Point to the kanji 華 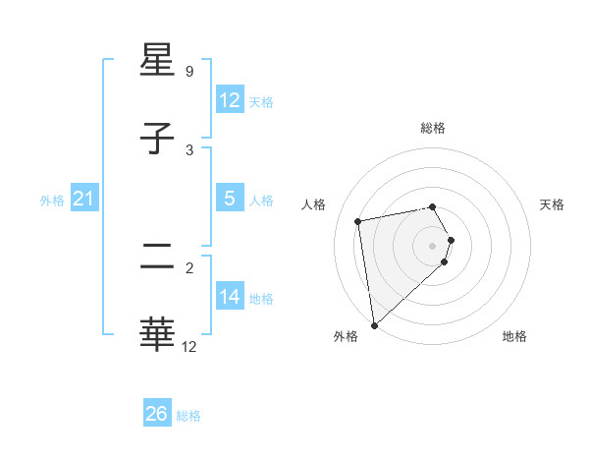click(x=158, y=334)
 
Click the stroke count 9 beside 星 click(x=189, y=71)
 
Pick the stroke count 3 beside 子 click(x=189, y=149)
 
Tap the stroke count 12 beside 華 click(x=189, y=346)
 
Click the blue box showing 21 click(x=83, y=200)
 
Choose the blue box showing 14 click(x=229, y=297)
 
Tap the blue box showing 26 click(x=156, y=414)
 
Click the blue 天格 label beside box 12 click(x=261, y=102)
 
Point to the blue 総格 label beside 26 click(x=189, y=416)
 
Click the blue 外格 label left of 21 click(x=52, y=201)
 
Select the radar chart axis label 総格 click(x=433, y=128)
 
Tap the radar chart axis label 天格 click(x=553, y=204)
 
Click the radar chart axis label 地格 click(x=514, y=336)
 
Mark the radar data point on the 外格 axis click(x=373, y=324)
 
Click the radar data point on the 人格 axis click(x=358, y=220)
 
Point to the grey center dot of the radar click(x=433, y=245)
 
